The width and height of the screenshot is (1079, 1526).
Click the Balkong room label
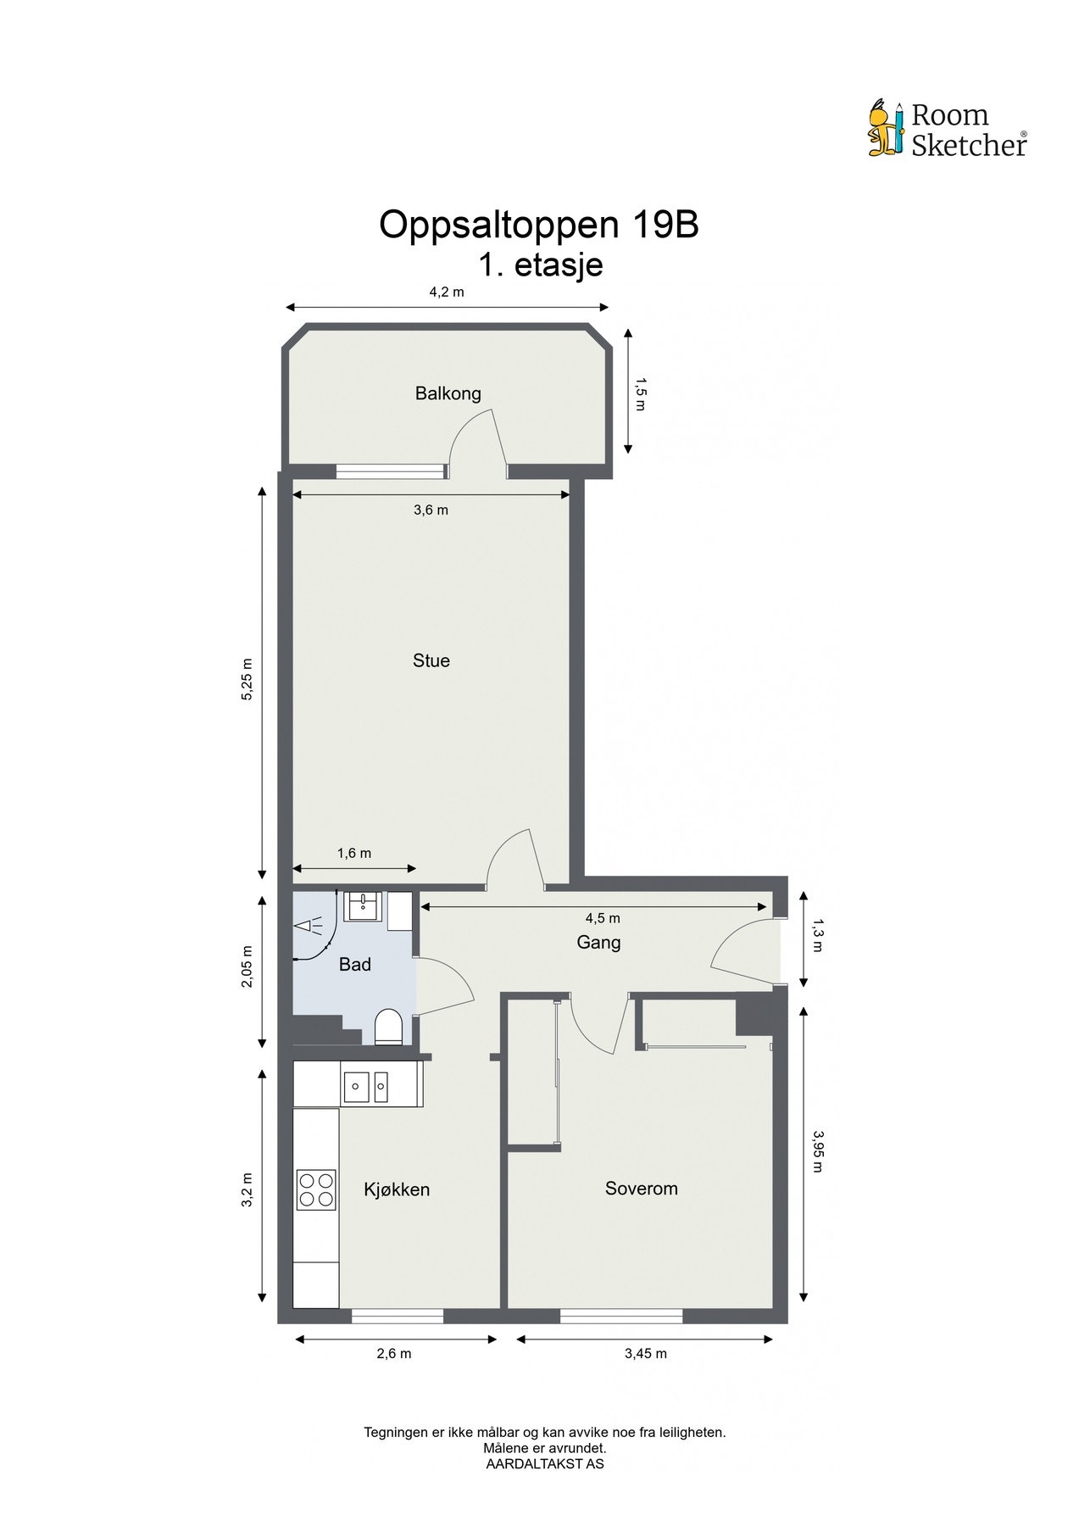448,393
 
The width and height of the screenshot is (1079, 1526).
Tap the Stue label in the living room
431,660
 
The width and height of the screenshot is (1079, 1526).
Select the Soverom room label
641,1189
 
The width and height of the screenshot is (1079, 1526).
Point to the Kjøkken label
397,1189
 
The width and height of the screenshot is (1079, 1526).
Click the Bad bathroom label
355,964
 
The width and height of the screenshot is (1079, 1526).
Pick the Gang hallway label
598,942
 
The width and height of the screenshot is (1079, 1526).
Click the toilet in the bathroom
387,1027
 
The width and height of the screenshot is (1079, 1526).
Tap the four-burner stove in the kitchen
316,1189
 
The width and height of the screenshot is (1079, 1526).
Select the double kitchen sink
366,1085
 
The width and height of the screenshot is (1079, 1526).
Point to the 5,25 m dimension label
248,679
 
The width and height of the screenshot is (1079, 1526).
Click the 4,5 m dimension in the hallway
602,918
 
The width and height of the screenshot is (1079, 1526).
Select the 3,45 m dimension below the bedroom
645,1354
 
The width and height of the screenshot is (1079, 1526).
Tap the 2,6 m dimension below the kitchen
394,1354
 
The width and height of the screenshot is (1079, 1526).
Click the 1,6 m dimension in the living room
354,854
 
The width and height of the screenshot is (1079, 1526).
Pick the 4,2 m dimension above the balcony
447,292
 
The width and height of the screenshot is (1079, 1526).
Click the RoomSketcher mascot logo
886,129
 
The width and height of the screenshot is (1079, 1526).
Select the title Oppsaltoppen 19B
538,226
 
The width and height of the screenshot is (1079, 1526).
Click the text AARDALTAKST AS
544,1463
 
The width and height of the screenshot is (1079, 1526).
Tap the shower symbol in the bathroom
309,927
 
